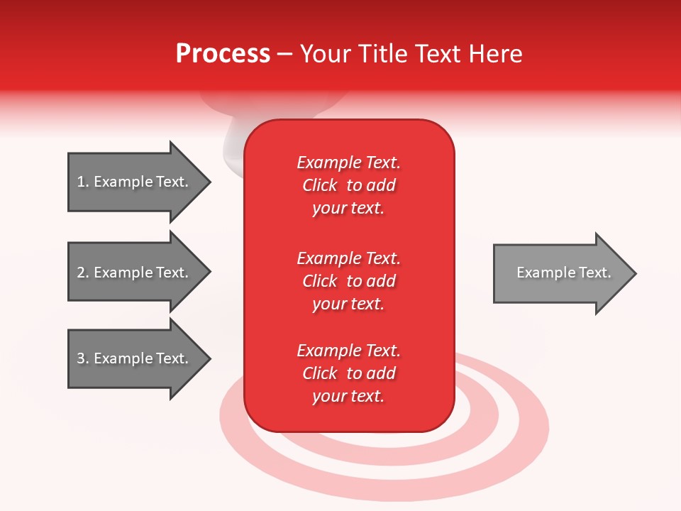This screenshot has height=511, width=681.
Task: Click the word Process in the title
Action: [x=223, y=54]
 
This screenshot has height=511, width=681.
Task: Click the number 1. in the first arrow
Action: [x=83, y=182]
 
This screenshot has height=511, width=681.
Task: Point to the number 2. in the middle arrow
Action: [x=83, y=273]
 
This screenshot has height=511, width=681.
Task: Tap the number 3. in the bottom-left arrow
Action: [x=83, y=358]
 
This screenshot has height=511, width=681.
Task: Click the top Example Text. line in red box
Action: [x=348, y=163]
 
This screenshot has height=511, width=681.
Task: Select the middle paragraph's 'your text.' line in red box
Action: [x=348, y=304]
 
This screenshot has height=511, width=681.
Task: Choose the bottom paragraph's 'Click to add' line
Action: [x=348, y=373]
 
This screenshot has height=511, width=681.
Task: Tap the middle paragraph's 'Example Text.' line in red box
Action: [x=348, y=258]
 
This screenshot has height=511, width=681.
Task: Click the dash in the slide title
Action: [x=285, y=54]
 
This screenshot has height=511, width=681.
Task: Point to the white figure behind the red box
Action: [x=234, y=145]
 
